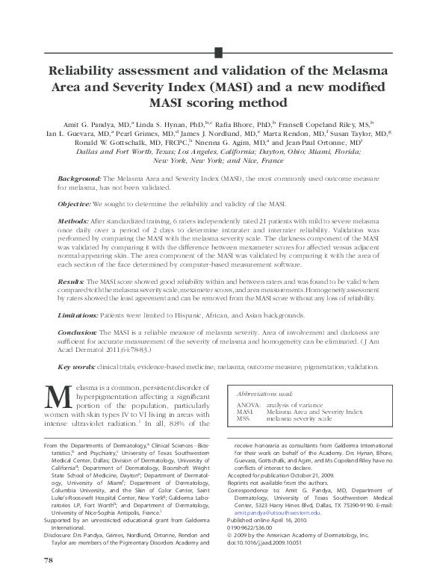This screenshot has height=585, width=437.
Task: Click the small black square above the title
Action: click(x=218, y=52)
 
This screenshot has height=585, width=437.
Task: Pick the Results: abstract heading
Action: click(x=72, y=281)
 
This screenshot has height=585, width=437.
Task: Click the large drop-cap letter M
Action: click(x=58, y=397)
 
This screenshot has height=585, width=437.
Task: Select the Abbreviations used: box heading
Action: click(x=264, y=393)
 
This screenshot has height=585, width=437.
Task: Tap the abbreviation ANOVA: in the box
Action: click(x=248, y=404)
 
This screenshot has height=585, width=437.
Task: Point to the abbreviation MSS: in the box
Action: click(x=244, y=419)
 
